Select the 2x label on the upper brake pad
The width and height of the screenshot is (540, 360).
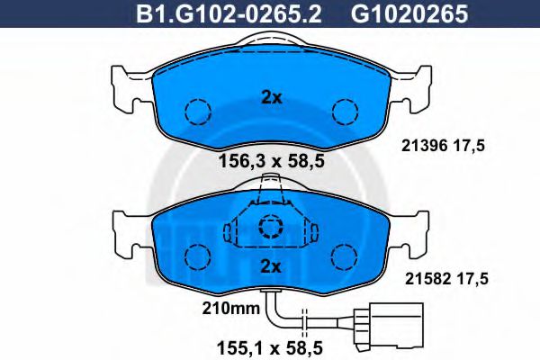click(271, 97)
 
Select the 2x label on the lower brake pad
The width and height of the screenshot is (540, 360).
click(271, 265)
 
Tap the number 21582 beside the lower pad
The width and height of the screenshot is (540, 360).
click(418, 280)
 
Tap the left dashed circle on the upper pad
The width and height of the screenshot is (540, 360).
click(197, 111)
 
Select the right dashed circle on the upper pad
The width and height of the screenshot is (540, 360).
click(345, 111)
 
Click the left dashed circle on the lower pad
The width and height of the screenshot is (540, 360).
click(197, 257)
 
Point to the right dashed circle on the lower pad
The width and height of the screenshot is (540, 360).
click(345, 257)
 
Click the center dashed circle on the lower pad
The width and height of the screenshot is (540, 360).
click(271, 229)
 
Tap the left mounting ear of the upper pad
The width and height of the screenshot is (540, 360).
click(124, 85)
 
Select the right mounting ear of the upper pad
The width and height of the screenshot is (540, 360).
click(417, 85)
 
